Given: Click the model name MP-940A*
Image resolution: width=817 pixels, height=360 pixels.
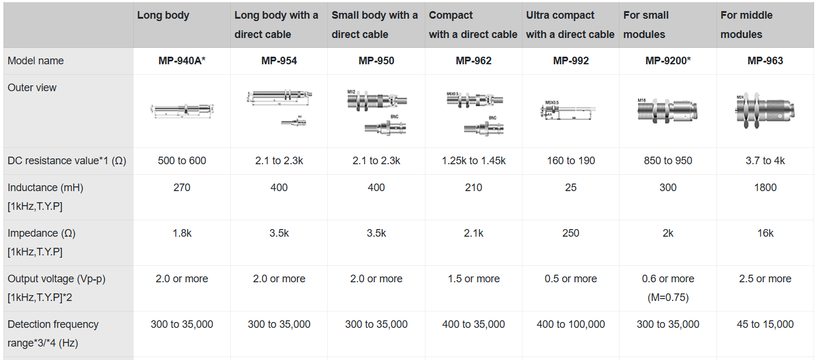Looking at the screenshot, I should [182, 61].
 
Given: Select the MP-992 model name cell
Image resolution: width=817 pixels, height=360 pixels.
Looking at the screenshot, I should [570, 61].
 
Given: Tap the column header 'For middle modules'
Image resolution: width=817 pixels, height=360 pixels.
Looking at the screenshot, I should [746, 25].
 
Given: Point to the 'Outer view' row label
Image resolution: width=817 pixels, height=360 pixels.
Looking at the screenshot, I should [32, 88].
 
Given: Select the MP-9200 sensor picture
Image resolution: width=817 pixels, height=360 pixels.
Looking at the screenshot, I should [668, 110].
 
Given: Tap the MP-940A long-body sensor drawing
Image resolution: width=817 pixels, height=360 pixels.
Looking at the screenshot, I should [182, 109].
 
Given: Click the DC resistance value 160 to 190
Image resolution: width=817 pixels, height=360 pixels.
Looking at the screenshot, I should [570, 161].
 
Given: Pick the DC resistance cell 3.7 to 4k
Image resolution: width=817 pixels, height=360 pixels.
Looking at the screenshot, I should [765, 161].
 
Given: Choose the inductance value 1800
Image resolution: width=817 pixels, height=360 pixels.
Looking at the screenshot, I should [765, 188].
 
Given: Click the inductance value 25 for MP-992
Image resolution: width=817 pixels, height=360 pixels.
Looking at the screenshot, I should [570, 188].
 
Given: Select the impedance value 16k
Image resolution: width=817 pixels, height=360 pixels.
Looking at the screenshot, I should [765, 233].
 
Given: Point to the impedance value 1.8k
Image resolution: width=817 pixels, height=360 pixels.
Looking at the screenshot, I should [182, 233].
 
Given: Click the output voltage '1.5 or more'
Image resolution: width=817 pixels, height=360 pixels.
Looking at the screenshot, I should [473, 279].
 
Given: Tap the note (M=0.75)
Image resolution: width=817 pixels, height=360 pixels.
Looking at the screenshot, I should [668, 297].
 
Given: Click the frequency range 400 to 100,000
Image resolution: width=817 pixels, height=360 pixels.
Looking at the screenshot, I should [570, 324].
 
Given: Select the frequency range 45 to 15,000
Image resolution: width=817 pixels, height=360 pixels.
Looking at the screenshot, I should [765, 324].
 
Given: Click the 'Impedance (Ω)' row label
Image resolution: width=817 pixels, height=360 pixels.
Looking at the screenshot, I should [41, 233].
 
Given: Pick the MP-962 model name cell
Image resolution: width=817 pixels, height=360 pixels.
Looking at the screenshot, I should [473, 61].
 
